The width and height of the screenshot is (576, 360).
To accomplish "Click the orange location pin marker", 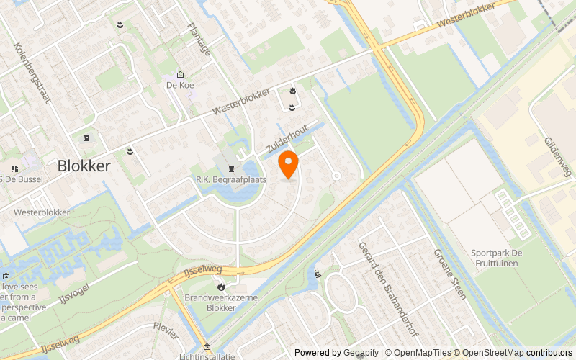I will pyautogui.click(x=288, y=164).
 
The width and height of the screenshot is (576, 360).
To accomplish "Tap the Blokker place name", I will pyautogui.click(x=84, y=166).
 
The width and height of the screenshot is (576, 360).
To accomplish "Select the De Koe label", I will pyautogui.click(x=180, y=85).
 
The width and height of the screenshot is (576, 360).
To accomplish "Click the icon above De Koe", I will pyautogui.click(x=180, y=74).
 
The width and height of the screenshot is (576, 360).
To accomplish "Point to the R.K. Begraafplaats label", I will pyautogui.click(x=231, y=179).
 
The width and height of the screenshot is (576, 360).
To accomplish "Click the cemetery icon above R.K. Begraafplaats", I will pyautogui.click(x=231, y=168).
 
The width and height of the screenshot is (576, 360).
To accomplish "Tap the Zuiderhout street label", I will pyautogui.click(x=287, y=137).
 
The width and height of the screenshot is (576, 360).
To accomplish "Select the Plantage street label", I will pyautogui.click(x=199, y=39).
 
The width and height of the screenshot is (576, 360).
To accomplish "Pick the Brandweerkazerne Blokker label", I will pyautogui.click(x=220, y=302).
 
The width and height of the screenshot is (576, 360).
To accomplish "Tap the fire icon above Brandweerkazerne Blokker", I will pyautogui.click(x=220, y=286).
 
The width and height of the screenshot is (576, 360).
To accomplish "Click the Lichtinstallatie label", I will pyautogui.click(x=209, y=356).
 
